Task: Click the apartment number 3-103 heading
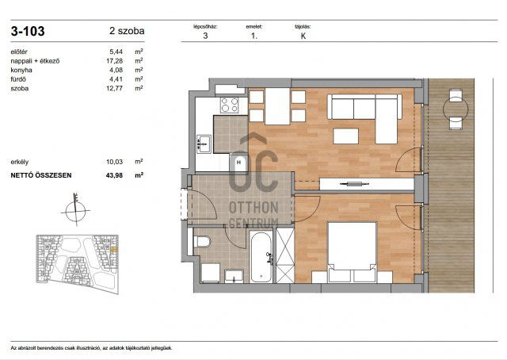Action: pos(28,32)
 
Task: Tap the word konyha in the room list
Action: pos(22,70)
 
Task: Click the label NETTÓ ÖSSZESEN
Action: pos(41,174)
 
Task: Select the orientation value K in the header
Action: pos(303,36)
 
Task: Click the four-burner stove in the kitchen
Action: pos(229,105)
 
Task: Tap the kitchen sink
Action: pos(203,144)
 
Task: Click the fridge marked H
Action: pos(238,163)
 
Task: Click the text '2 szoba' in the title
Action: pos(127,32)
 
